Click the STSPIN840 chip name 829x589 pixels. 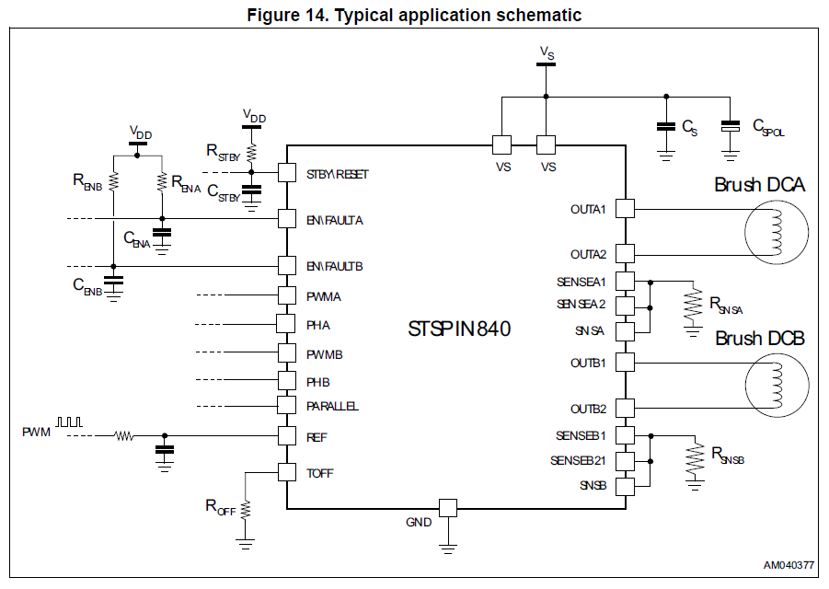[459, 329]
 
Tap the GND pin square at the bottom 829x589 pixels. [448, 507]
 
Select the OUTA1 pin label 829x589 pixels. [588, 209]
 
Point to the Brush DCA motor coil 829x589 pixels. [774, 230]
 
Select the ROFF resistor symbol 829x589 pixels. [246, 507]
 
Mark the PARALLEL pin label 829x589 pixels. [333, 406]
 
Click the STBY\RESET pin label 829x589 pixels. [338, 173]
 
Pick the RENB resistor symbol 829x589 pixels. [114, 180]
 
